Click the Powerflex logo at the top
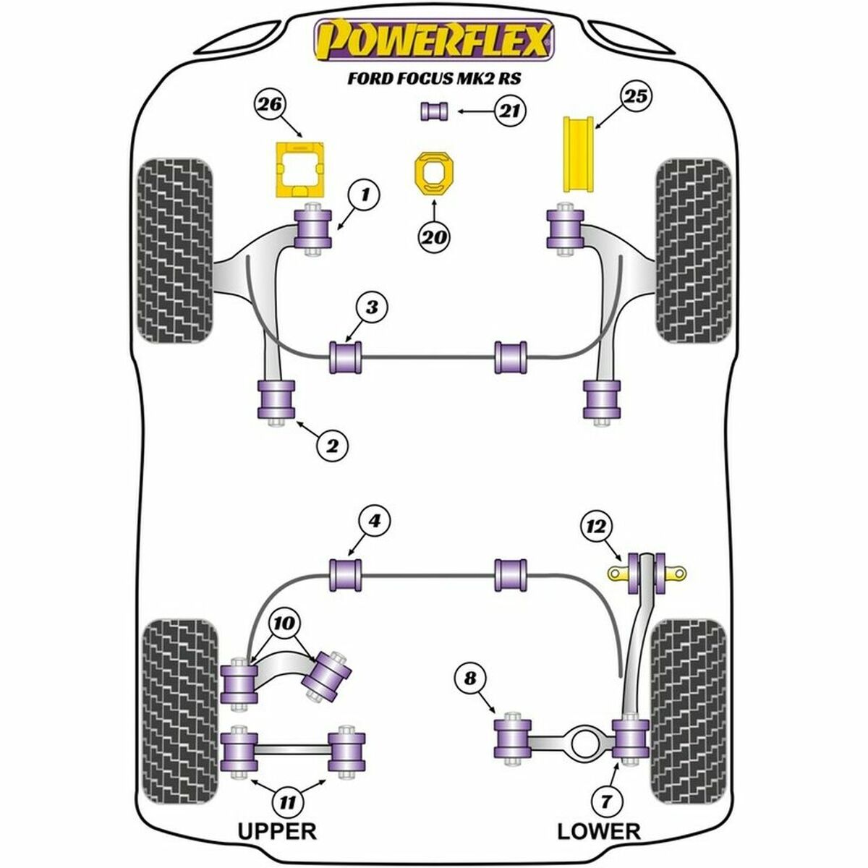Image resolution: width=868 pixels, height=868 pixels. click(433, 41)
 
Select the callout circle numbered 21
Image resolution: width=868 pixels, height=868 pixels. click(510, 111)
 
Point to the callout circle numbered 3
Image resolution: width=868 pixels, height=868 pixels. click(372, 307)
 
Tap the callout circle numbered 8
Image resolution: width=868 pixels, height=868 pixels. click(471, 679)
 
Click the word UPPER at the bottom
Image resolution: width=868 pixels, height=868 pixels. click(277, 831)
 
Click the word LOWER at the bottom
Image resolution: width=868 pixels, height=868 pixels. click(599, 831)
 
